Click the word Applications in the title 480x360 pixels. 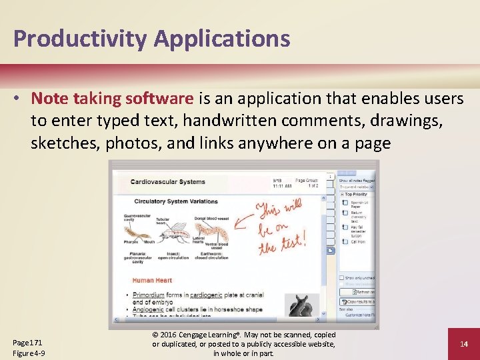point(223,39)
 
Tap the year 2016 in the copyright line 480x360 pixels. point(175,335)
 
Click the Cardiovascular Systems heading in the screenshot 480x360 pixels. point(167,181)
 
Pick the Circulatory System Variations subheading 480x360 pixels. point(177,201)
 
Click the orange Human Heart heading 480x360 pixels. point(152,280)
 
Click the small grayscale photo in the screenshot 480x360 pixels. point(299,306)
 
